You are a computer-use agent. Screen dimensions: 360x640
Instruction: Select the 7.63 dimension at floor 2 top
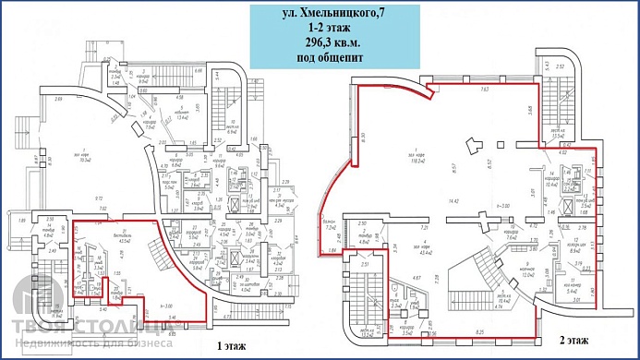click(484, 90)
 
